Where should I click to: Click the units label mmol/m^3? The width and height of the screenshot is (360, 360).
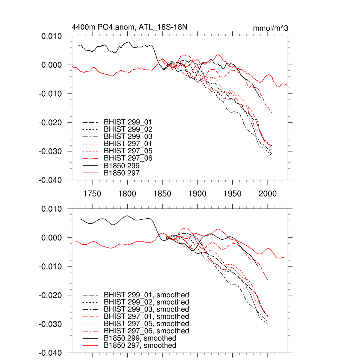click(x=271, y=28)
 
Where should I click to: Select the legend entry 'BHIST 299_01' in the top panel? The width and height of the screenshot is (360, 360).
click(x=128, y=122)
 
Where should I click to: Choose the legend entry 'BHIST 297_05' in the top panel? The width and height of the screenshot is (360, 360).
click(x=128, y=151)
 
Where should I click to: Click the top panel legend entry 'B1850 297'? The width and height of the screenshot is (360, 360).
click(x=124, y=173)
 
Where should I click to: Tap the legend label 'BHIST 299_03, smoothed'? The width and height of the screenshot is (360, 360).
click(x=146, y=309)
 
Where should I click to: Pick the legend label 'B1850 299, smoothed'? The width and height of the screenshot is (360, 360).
click(x=140, y=338)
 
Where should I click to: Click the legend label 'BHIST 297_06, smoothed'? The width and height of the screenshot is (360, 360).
click(x=146, y=331)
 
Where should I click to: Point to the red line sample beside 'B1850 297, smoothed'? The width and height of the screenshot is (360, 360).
click(x=90, y=346)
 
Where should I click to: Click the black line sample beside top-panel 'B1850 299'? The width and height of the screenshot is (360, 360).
click(x=90, y=166)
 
